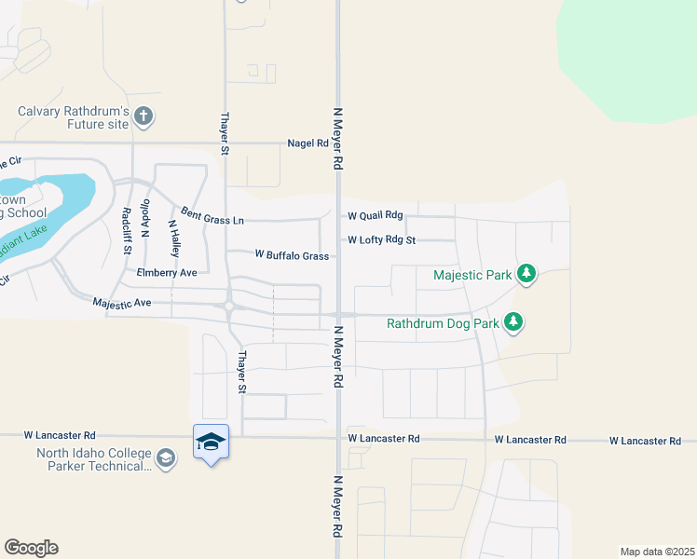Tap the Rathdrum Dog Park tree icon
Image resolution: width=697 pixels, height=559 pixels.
click(512, 323)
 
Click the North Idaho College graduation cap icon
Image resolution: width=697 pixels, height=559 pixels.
click(166, 457)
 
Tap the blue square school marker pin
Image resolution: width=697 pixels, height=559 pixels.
click(212, 442)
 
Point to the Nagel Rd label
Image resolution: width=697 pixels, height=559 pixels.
click(308, 143)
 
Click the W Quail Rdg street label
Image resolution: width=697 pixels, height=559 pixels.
click(375, 215)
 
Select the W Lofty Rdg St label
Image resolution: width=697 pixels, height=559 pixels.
click(381, 239)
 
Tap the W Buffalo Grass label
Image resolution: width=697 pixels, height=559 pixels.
click(292, 255)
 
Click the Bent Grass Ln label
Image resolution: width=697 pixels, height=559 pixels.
click(212, 216)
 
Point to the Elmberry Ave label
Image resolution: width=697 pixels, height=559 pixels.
click(167, 273)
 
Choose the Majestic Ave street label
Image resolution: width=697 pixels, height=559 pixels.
click(122, 303)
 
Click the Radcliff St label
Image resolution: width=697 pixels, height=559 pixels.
click(127, 231)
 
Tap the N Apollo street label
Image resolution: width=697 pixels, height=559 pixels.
click(145, 220)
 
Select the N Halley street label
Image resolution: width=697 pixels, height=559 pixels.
click(173, 239)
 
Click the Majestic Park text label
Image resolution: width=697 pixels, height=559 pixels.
click(472, 275)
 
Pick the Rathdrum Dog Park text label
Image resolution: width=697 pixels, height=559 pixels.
click(443, 324)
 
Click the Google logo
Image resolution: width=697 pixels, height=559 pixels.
click(31, 548)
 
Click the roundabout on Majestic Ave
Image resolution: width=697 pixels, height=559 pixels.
click(228, 306)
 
